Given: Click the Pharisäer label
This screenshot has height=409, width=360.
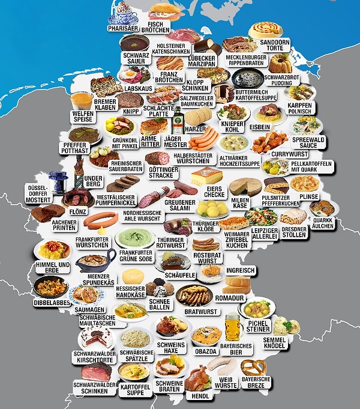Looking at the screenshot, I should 122,28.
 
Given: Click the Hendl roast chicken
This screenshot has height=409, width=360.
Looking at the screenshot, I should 197,378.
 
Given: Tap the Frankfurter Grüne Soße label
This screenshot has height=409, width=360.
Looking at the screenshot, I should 136,256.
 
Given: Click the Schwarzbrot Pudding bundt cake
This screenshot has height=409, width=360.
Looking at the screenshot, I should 280,62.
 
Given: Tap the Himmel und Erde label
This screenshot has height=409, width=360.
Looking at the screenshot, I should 52,267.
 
